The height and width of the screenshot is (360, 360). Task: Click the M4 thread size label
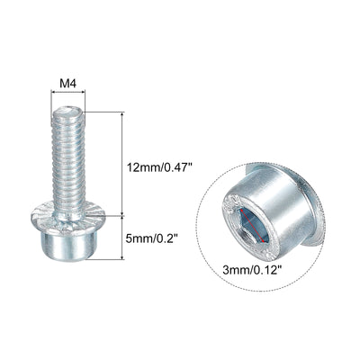click(68, 84)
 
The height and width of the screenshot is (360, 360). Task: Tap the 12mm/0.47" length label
click(158, 166)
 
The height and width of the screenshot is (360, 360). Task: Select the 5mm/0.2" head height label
click(151, 238)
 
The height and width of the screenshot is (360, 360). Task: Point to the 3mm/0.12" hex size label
click(253, 270)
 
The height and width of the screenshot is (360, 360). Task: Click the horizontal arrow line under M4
click(68, 93)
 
